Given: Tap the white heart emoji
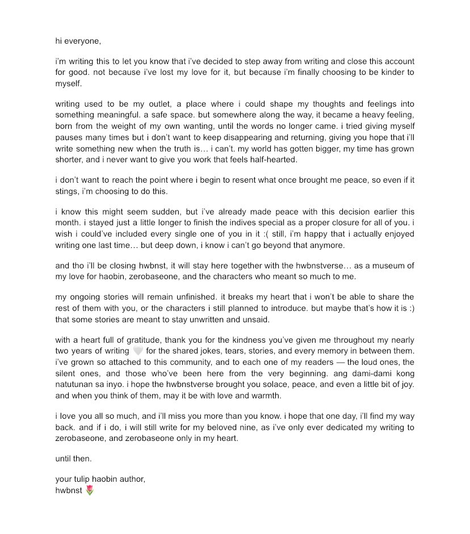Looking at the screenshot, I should (137, 351).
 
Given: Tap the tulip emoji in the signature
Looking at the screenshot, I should (90, 489).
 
